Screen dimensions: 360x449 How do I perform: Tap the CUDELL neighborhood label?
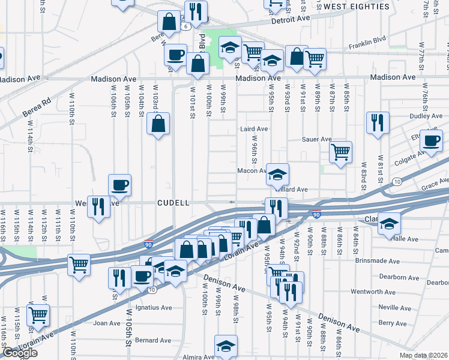[173, 203]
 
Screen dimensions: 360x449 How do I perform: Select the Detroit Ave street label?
[290, 19]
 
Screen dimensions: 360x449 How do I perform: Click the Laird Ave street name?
[253, 129]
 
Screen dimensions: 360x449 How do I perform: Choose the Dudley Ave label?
[409, 116]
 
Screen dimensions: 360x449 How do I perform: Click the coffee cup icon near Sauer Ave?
[431, 142]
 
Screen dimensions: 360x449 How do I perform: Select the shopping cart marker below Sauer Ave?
[340, 152]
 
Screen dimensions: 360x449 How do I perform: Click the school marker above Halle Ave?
[389, 223]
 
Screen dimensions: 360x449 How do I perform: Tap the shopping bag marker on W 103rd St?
[158, 125]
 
